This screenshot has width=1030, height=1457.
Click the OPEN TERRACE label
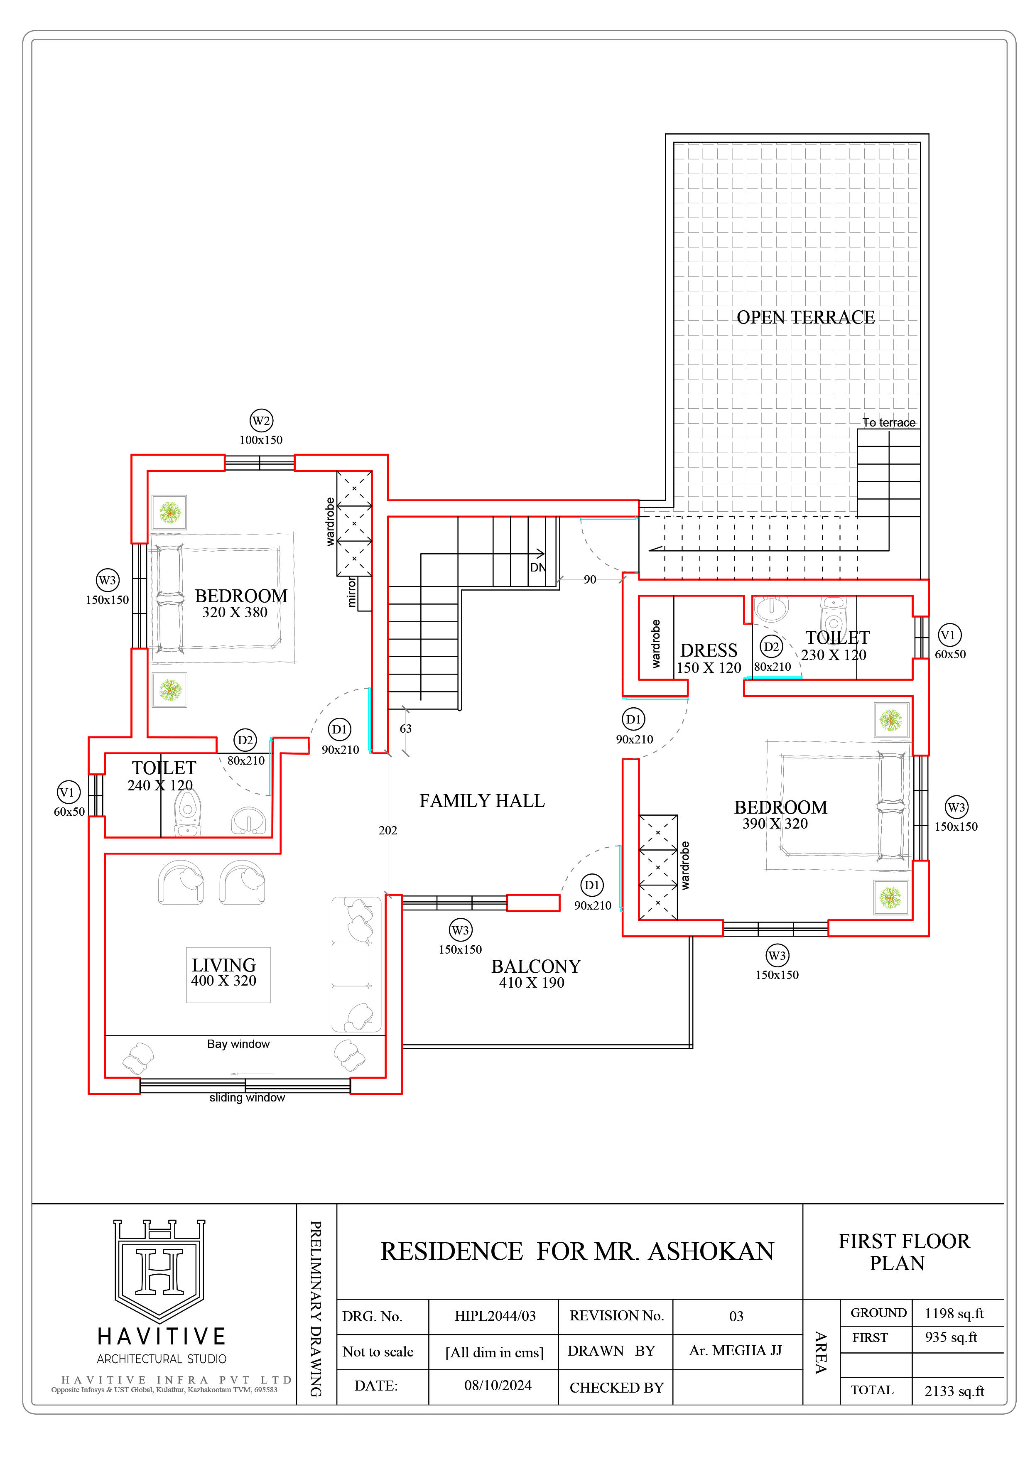tap(805, 317)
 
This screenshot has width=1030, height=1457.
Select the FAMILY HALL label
tap(482, 801)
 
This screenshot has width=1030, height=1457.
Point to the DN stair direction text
tap(537, 567)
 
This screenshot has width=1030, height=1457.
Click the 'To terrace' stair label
tap(888, 423)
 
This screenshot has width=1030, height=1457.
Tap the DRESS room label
tap(709, 650)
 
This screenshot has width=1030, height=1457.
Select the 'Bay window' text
tap(239, 1044)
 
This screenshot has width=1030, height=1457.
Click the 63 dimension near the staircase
tap(405, 728)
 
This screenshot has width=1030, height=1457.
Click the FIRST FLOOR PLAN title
tap(904, 1251)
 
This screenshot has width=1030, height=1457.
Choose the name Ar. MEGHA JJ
tap(736, 1350)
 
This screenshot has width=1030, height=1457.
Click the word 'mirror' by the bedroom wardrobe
tap(352, 592)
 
